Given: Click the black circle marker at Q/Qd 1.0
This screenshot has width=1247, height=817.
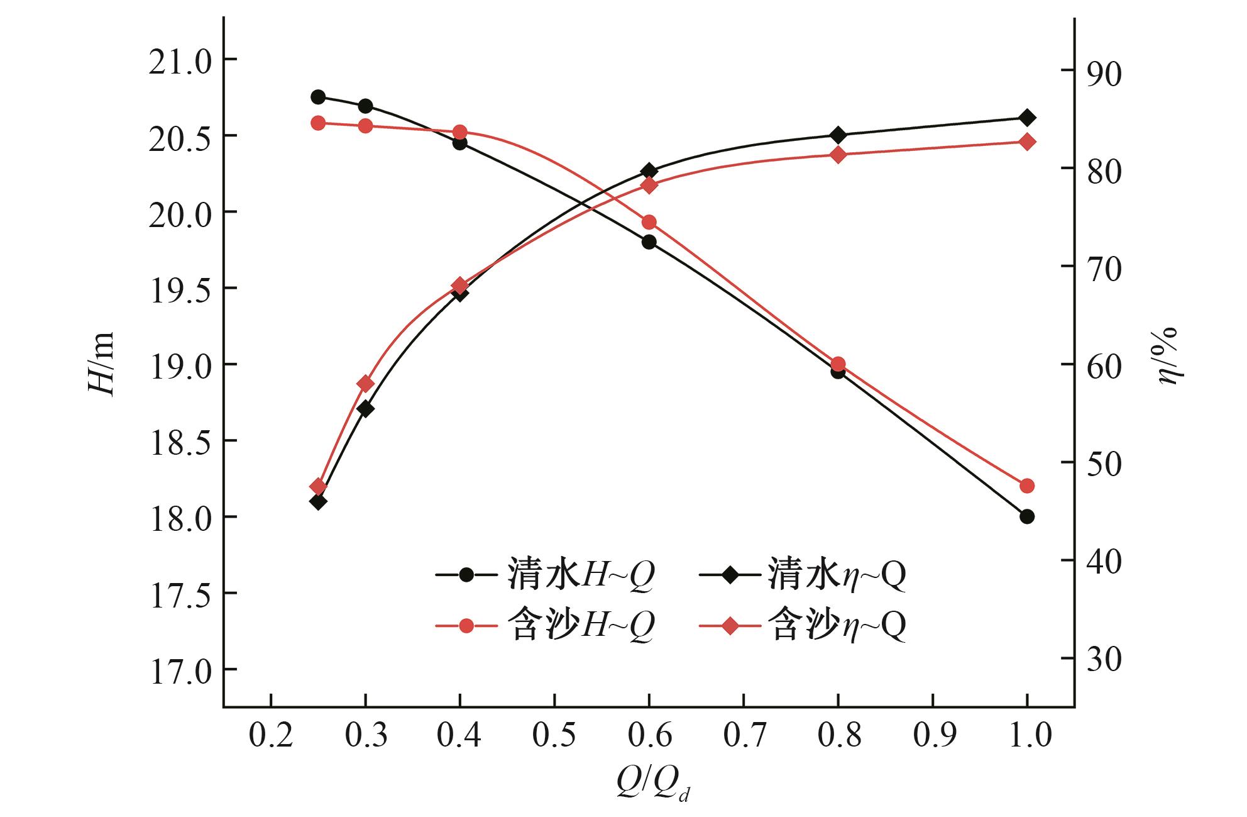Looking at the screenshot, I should (1027, 516).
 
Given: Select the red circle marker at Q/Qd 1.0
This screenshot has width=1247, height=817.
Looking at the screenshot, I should (1027, 486).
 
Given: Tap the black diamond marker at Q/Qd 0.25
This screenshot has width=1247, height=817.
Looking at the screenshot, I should (318, 501).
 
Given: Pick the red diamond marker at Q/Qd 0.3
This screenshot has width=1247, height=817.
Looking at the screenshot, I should (365, 384).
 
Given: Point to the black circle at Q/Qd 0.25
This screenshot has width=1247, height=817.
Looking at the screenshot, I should (318, 97).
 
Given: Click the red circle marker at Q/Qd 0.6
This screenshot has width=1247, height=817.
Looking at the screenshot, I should (649, 222).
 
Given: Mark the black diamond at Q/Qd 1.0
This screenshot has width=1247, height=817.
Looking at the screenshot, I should (1027, 118).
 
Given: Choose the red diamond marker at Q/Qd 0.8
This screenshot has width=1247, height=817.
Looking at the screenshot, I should (838, 155).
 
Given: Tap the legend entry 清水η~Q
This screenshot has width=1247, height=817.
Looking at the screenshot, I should (803, 574).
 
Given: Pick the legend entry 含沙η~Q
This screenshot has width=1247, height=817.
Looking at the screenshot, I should (803, 626).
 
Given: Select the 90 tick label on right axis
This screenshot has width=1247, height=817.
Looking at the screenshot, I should (1100, 73).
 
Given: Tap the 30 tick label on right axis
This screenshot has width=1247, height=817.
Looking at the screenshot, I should (1100, 660).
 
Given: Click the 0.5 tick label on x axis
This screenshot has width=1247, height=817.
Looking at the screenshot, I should (554, 735).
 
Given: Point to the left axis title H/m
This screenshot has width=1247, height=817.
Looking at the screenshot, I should (101, 364).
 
